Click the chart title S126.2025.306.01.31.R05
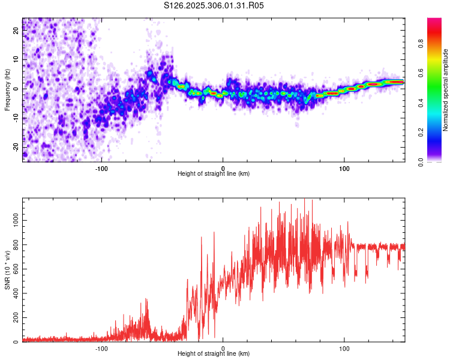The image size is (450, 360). point(214,5)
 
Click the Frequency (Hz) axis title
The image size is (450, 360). point(7,89)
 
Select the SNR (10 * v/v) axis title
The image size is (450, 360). point(7,270)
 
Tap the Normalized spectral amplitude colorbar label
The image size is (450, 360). point(446,90)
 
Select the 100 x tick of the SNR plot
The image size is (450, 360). point(344,347)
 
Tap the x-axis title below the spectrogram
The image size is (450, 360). point(214,174)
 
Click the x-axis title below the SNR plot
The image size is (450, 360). point(214,354)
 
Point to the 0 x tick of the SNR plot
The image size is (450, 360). point(223,347)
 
